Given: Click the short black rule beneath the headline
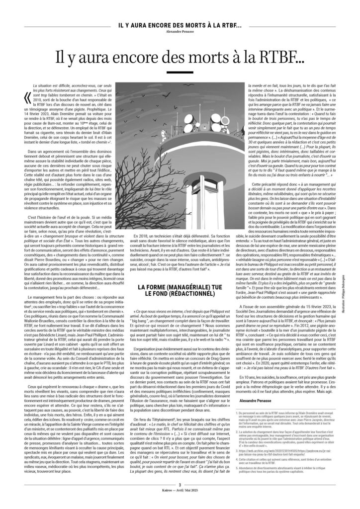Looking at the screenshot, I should pos(180,75).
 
